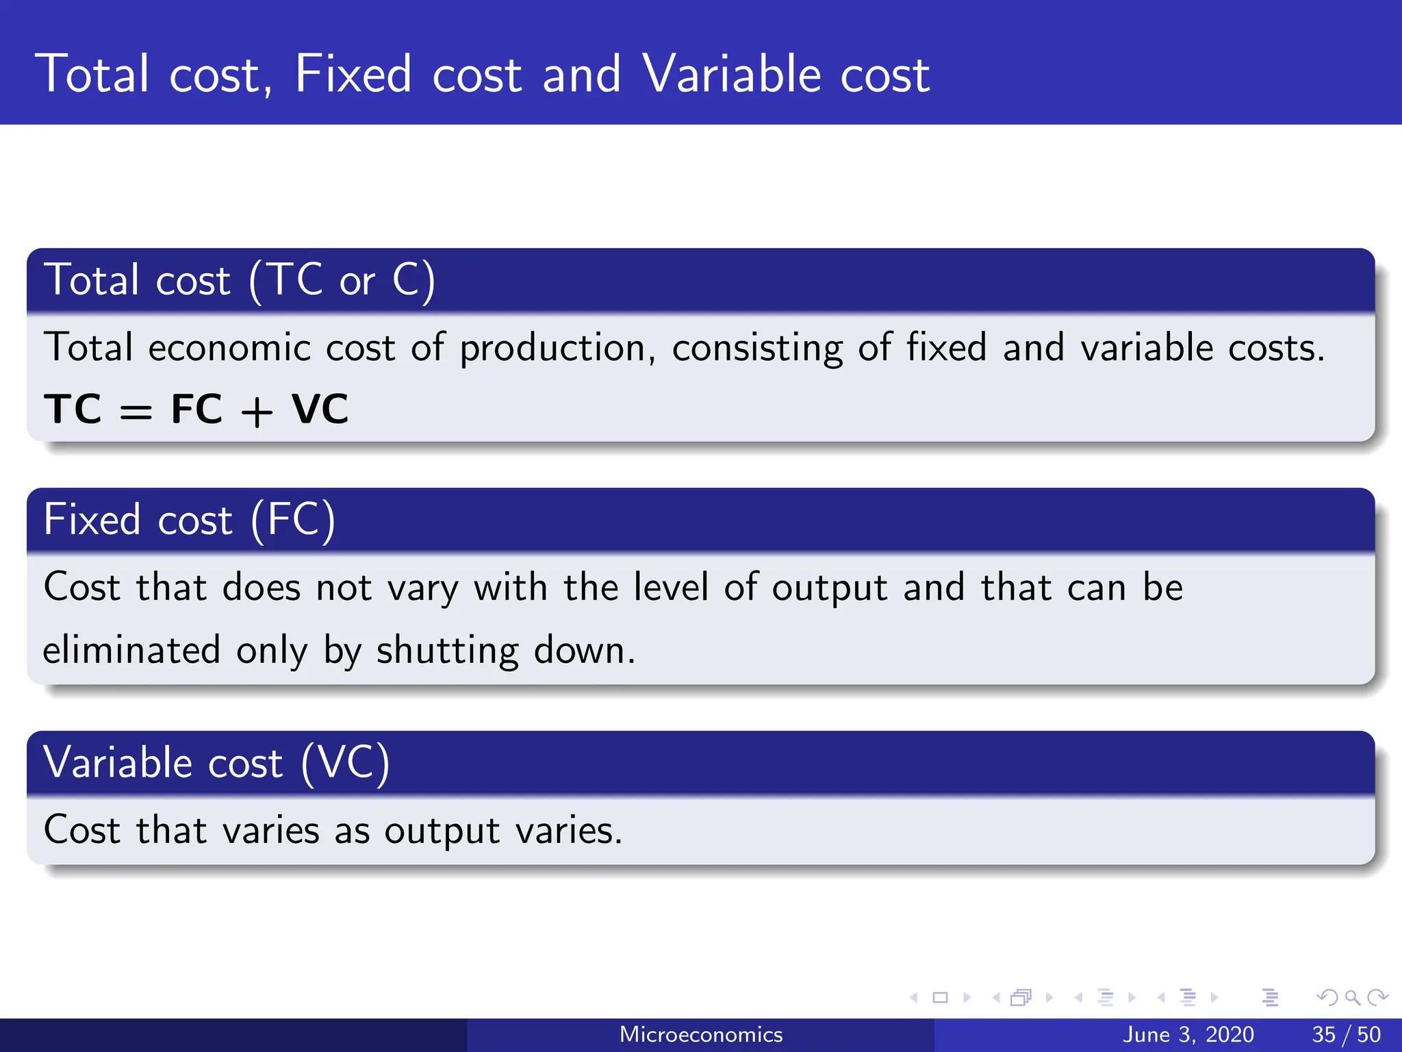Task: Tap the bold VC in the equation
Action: point(320,410)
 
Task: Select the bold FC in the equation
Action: point(196,410)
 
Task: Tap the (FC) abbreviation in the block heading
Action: point(293,519)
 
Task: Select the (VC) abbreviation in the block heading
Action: point(346,762)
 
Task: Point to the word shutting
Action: point(448,651)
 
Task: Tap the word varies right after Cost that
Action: point(271,831)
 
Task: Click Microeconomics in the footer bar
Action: point(701,1034)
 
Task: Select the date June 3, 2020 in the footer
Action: point(1188,1034)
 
